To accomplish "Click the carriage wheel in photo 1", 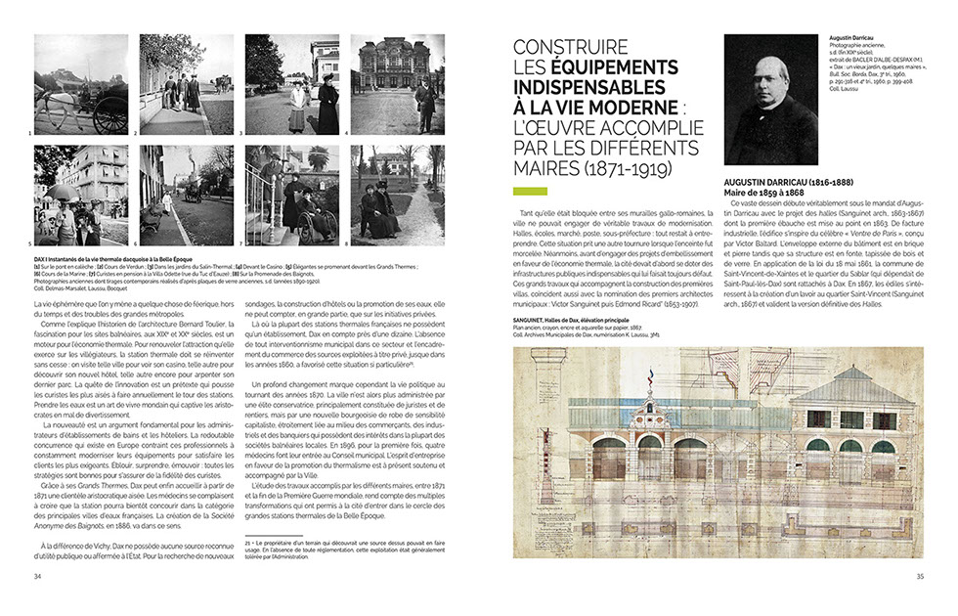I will click(110, 113).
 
